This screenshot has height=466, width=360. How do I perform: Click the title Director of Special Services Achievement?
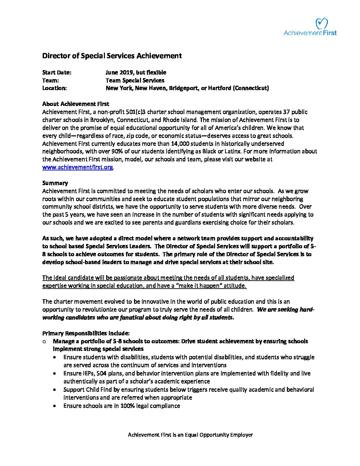[112, 56]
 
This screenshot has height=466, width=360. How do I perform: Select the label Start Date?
[57, 72]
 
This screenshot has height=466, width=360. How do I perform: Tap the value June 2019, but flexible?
[136, 72]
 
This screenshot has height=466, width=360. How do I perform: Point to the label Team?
[51, 80]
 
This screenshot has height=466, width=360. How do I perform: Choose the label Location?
[55, 88]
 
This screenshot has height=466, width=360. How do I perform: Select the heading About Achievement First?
[76, 104]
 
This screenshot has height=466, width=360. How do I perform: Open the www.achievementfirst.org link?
[77, 167]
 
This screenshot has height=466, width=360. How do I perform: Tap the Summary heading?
[55, 183]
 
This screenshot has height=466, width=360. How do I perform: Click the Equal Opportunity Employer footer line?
[190, 435]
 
